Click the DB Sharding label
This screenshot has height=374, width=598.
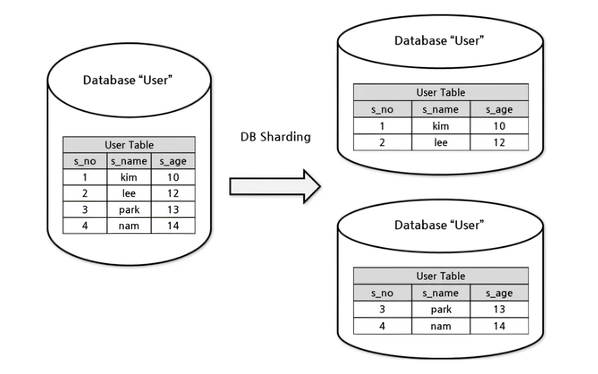coord(276,137)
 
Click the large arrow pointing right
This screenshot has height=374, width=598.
coord(275,187)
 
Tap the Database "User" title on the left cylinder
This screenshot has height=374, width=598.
coord(128,80)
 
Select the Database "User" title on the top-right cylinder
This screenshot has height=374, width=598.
coord(439,41)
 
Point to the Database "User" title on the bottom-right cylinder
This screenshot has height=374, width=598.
coord(439,225)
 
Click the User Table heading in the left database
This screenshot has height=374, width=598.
coord(129,145)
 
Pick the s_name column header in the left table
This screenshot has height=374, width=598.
coord(129,161)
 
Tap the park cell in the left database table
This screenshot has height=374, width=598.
coord(129,210)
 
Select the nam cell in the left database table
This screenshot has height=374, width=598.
coord(129,226)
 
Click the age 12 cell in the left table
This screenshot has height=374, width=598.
coord(173,193)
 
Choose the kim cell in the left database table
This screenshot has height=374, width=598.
coord(128,177)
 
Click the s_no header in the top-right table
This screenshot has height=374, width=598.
coord(382,109)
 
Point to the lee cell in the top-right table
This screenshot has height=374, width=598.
coord(441,143)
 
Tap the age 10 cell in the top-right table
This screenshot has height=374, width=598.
coord(499,126)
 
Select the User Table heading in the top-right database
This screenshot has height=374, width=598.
coord(441,93)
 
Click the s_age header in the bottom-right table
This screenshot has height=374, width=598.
coord(499,293)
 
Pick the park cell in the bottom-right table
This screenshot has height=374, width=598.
coord(441,309)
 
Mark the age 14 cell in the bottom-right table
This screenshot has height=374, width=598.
coord(499,326)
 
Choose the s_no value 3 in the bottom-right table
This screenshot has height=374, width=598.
coord(382,309)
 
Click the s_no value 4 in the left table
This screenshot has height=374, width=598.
coord(85,226)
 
